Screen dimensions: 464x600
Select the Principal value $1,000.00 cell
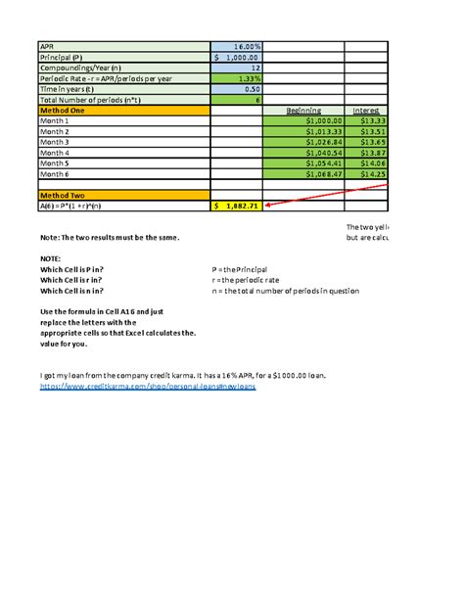(x=237, y=57)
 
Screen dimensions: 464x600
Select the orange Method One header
(x=123, y=110)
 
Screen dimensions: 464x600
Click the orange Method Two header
(x=123, y=196)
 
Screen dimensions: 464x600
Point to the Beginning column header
(x=302, y=111)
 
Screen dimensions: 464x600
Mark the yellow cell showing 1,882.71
(x=237, y=207)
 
